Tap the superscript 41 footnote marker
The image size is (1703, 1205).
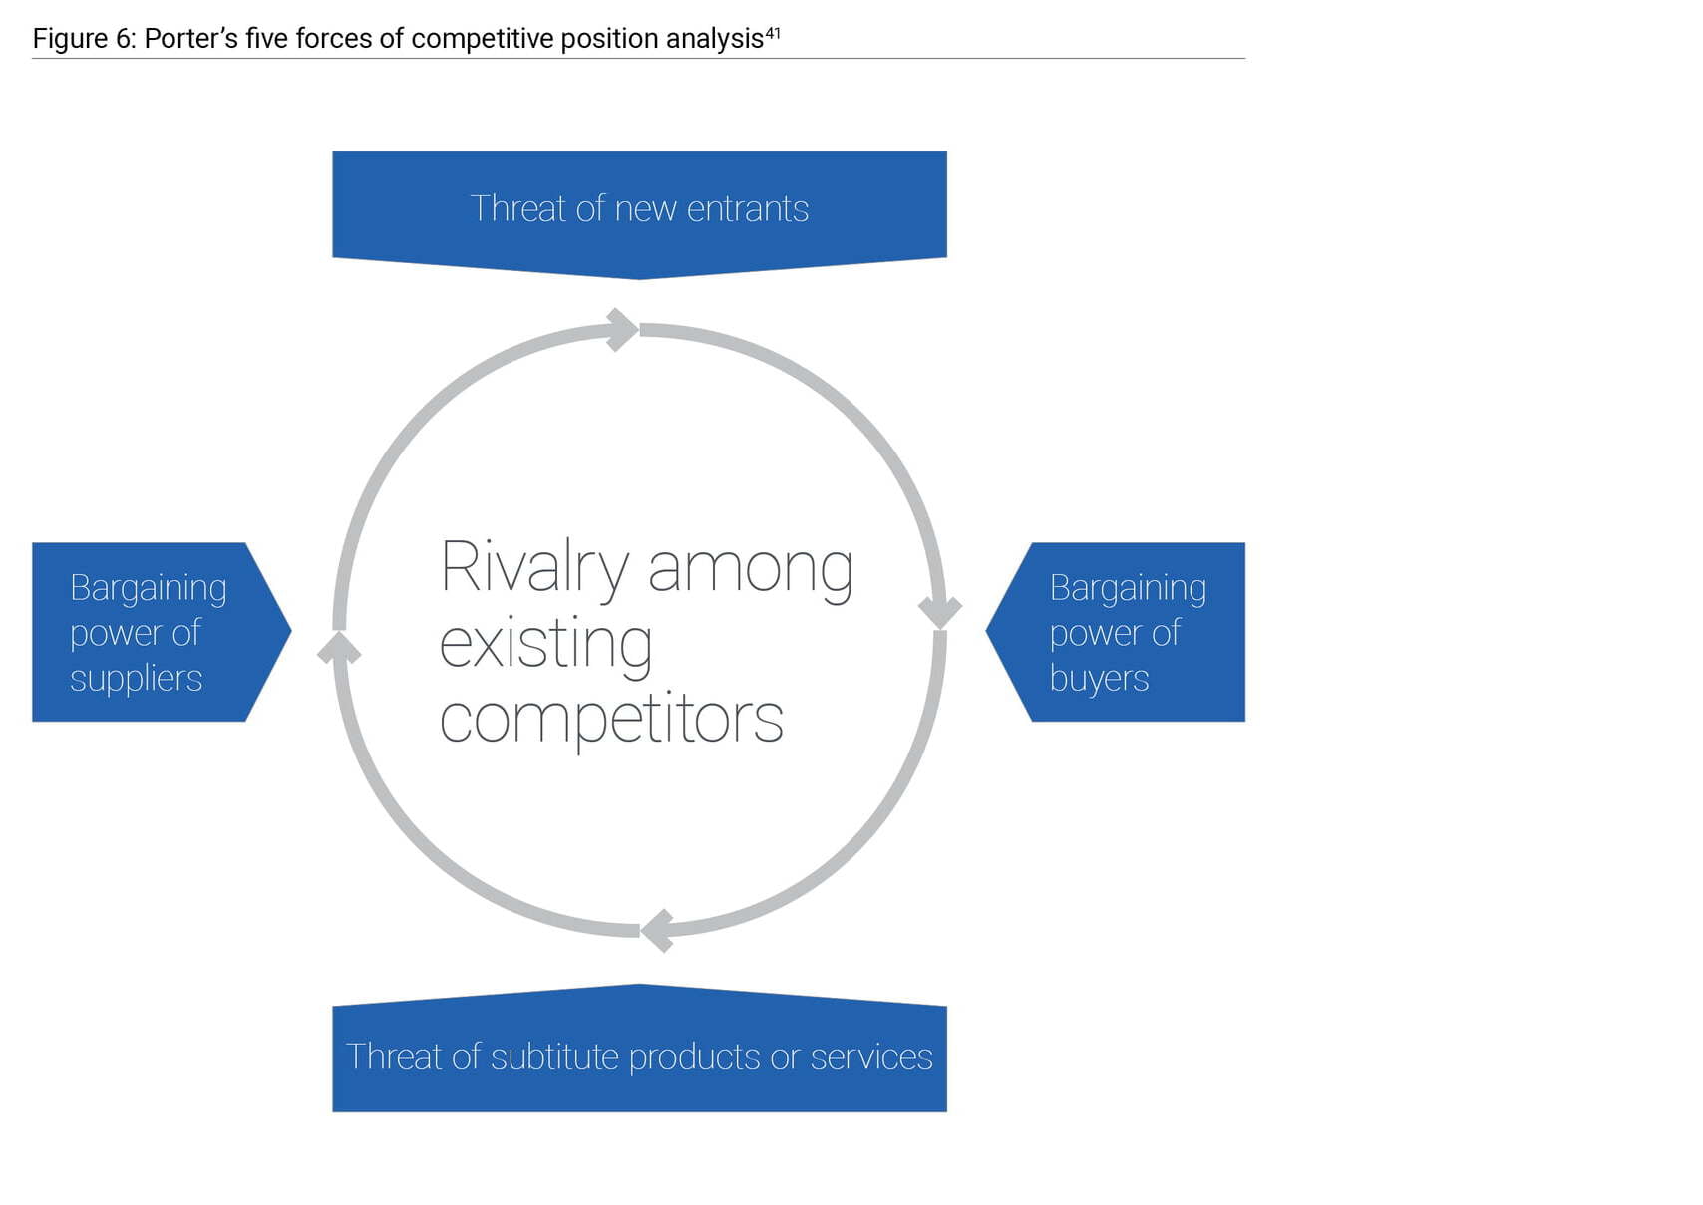click(773, 33)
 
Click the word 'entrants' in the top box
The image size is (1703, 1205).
click(748, 209)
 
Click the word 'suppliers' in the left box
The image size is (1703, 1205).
click(136, 678)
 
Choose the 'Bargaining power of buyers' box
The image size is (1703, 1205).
click(1116, 631)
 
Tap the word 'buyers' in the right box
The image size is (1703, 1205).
click(1099, 678)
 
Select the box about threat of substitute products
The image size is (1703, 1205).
click(639, 1048)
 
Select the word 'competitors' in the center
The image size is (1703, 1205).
click(611, 719)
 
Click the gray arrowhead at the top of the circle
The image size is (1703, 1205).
click(622, 330)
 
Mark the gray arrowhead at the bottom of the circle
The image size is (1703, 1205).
click(658, 930)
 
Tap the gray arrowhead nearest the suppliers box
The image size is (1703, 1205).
click(339, 648)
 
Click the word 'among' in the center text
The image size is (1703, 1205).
click(751, 571)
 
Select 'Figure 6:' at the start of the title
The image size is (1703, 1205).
click(85, 38)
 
